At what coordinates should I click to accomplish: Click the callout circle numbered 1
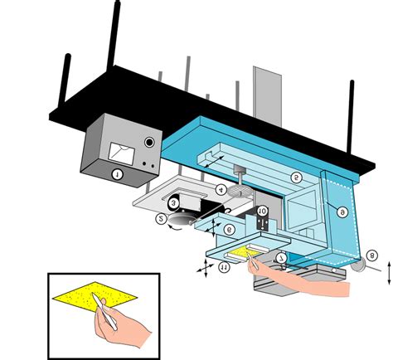(117, 175)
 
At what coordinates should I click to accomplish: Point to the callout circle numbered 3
(173, 202)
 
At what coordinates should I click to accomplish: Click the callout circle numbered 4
(221, 190)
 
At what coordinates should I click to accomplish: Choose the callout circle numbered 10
(261, 212)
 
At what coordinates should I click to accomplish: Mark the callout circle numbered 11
(223, 267)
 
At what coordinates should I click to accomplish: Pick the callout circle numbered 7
(283, 258)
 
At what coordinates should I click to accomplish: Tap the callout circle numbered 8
(372, 256)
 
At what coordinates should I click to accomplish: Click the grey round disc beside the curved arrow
(177, 216)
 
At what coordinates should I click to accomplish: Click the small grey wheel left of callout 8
(357, 266)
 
